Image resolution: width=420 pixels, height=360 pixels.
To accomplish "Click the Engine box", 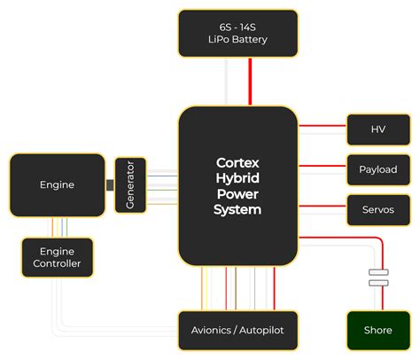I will tap(58, 184).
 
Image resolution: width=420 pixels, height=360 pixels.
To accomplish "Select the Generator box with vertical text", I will tap(130, 184).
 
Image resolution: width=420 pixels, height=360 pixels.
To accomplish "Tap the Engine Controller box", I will tap(58, 257).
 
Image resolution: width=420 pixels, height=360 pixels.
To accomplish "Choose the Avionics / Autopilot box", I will tap(237, 330).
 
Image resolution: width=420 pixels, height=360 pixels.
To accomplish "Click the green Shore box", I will tap(377, 330).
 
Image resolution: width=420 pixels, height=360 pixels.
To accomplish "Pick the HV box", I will tap(377, 129).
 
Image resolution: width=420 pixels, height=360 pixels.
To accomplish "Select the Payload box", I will tap(377, 169).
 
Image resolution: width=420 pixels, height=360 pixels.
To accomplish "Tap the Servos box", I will tap(377, 209).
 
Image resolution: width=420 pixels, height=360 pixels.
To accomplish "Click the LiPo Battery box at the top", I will tap(237, 33).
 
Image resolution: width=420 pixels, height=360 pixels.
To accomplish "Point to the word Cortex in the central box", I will tap(237, 162).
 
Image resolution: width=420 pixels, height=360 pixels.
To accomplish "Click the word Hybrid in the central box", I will tap(237, 178).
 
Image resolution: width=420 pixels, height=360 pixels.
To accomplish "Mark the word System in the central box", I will tap(237, 210).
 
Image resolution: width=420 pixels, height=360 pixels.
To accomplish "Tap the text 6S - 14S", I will tap(237, 26).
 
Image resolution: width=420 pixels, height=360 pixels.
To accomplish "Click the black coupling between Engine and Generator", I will tap(110, 184).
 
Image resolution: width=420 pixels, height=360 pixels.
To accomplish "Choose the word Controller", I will tap(58, 264).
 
